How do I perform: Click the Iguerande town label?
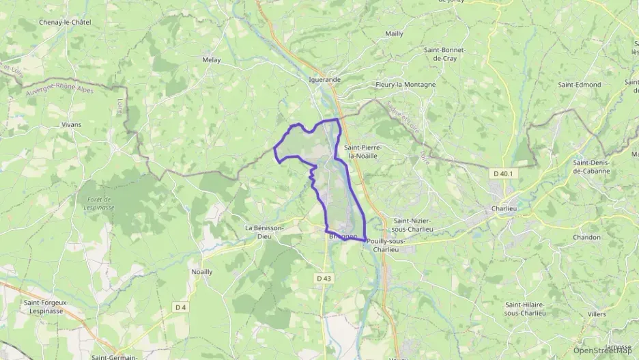coord(324,79)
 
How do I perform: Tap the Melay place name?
coord(212,60)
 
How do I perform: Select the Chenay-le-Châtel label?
coord(66,23)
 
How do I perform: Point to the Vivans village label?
coord(71,125)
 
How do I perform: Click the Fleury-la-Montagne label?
coord(406,85)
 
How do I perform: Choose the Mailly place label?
coord(394,33)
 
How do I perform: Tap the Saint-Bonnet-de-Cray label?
coord(444,54)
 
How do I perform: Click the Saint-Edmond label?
coord(580,85)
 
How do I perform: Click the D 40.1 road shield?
coord(505,174)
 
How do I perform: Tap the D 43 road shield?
coord(324,278)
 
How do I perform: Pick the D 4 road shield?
coord(180,307)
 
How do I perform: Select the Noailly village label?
coord(201,271)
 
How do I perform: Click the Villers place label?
coord(596,314)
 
